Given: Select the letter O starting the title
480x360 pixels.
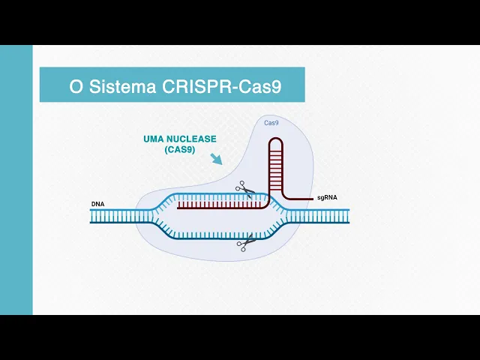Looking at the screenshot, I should pos(75,86).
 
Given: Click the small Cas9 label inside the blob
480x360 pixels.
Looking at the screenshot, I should pos(272,122).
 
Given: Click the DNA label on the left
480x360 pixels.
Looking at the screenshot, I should pos(97,204).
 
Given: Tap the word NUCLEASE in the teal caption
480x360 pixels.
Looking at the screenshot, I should pos(192,139).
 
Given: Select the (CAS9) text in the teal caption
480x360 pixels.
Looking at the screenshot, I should pos(180,150).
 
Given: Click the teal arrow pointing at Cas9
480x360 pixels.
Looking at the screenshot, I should pos(216,159).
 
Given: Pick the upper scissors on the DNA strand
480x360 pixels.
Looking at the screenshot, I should pos(244,188).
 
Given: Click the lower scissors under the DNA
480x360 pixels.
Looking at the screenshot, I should pos(244,243).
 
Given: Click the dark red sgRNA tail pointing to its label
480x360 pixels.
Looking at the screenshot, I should pos(300,199).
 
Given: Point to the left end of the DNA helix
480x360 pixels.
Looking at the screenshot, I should pos(94,216).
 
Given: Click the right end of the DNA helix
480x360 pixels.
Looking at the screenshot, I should pos(346,216).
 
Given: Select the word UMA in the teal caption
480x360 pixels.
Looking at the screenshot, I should pos(152,139).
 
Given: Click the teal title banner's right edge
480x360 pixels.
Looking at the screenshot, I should pos(304,85).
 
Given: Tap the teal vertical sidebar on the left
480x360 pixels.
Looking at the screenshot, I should pos(16,180).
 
